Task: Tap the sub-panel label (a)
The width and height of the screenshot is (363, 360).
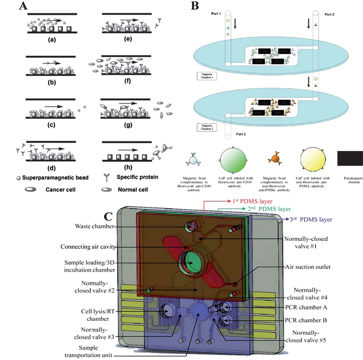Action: coord(50,38)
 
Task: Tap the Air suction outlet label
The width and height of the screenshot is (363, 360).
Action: coord(308,267)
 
